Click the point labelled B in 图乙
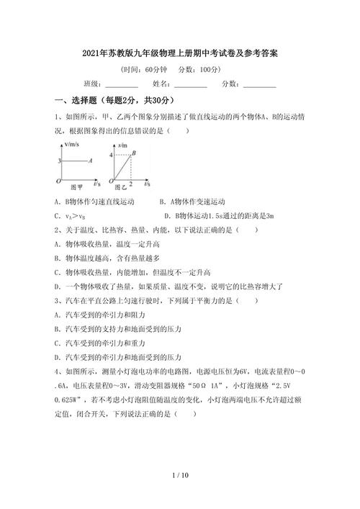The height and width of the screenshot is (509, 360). [134, 154]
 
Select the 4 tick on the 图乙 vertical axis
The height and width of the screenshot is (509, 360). [111, 155]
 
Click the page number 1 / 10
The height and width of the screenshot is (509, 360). [180, 476]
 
